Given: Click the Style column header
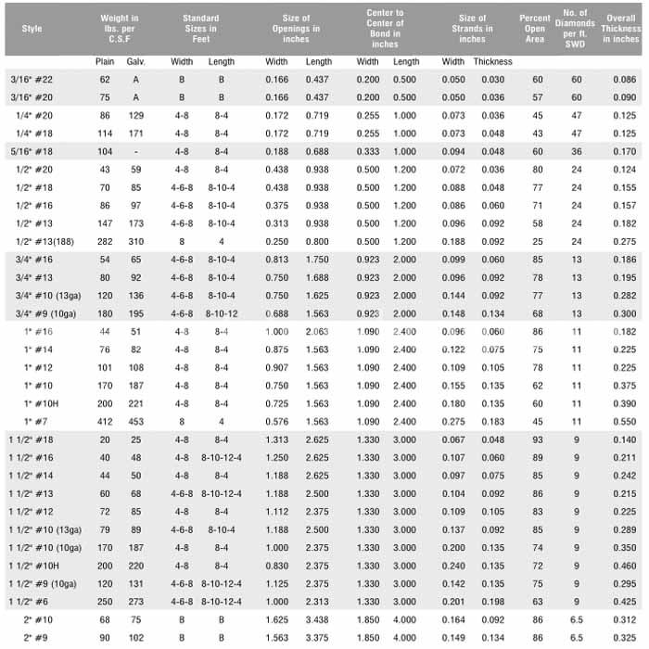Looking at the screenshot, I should (32, 29).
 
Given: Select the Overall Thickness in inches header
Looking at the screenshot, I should (620, 29).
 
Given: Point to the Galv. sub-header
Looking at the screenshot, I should (136, 61).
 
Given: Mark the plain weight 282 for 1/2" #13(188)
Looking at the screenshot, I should (105, 240).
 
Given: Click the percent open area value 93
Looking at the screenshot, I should (534, 439).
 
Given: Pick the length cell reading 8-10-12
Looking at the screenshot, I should (222, 313).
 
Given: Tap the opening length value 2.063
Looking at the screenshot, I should (318, 331).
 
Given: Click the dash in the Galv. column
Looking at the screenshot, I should (136, 150).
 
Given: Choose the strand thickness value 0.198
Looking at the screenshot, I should (491, 602).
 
